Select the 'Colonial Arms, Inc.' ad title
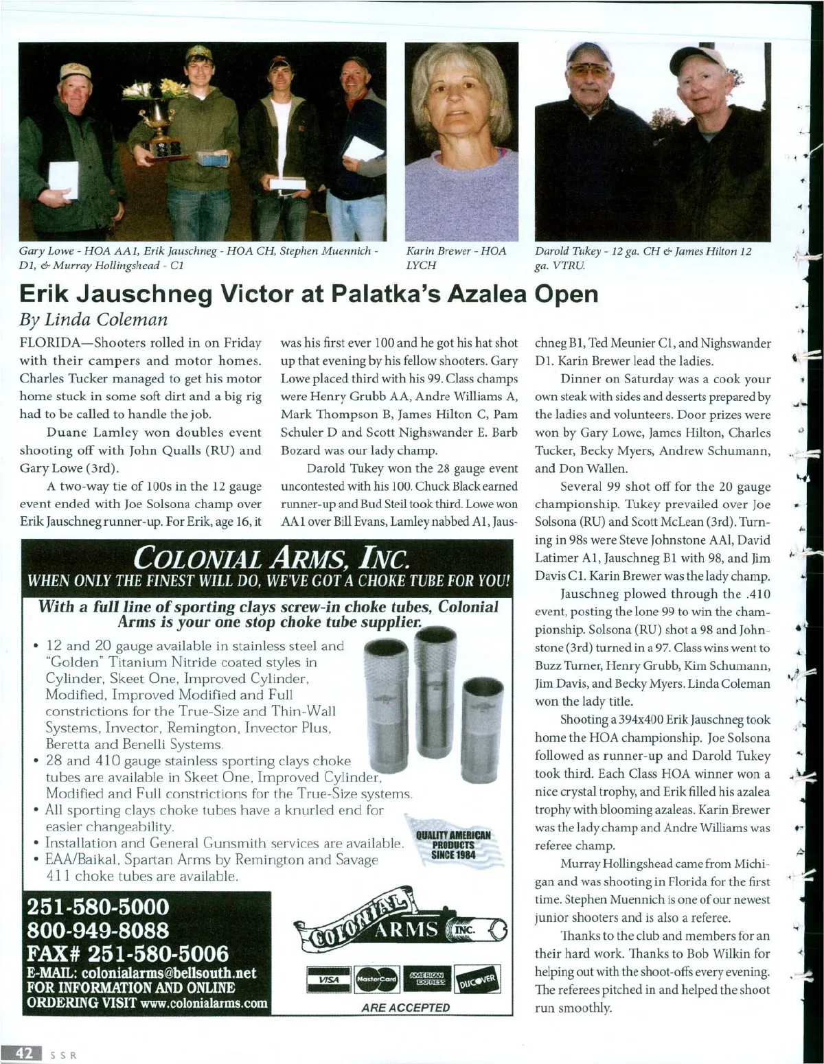268,558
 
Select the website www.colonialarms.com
203,1003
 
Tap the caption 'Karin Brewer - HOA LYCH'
455,258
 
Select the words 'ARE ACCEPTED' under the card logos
405,1007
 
